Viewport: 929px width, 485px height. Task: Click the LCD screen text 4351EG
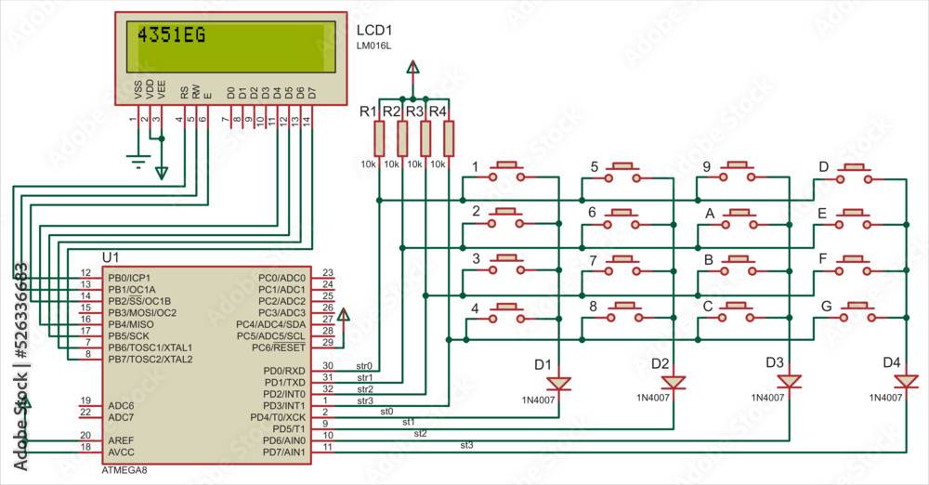[x=172, y=36]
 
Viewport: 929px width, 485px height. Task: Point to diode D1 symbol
[x=557, y=383]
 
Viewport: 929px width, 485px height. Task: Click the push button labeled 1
[x=507, y=171]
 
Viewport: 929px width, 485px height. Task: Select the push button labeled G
[x=856, y=311]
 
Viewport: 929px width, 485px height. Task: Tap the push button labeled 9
[x=739, y=171]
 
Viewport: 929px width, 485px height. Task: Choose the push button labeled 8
[x=623, y=311]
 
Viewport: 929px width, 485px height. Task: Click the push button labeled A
[x=739, y=217]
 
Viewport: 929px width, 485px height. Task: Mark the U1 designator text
[x=111, y=256]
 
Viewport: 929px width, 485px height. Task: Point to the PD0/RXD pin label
[x=285, y=371]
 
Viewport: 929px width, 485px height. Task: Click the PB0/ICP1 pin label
[x=129, y=278]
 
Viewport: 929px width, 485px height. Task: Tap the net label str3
[x=364, y=400]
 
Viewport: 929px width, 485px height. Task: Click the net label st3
[x=466, y=446]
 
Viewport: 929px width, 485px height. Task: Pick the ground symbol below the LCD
[x=138, y=163]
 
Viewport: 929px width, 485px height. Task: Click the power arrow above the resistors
[x=413, y=68]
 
